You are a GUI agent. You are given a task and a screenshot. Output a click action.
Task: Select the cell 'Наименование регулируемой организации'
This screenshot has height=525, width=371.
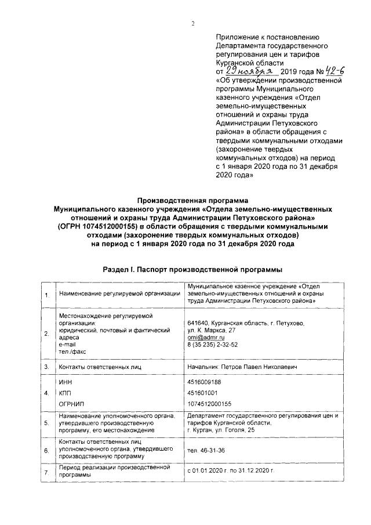[x=119, y=294]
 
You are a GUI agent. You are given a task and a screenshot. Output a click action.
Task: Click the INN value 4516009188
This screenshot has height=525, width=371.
[x=205, y=382]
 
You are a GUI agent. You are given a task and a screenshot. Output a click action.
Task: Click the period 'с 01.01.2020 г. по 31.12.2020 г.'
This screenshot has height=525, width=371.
[x=230, y=471]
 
